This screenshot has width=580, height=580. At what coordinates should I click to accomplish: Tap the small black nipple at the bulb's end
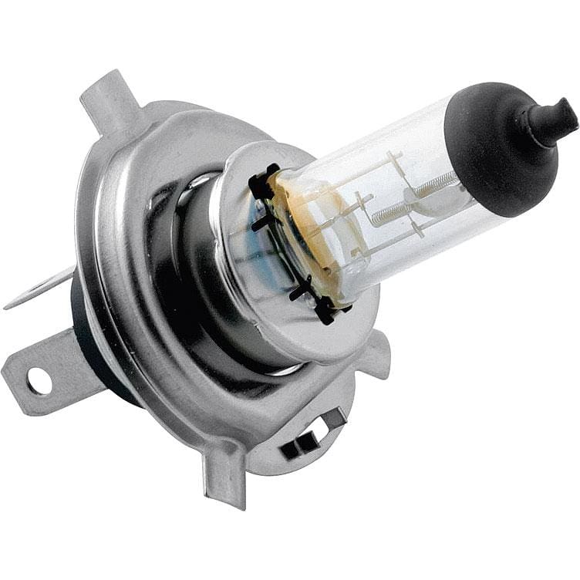pos(554,120)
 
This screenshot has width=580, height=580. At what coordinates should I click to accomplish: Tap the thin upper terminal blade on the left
pos(39,289)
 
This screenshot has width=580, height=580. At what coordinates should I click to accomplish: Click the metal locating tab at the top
pos(108,100)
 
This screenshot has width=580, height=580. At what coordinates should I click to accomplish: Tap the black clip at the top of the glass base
pos(263,182)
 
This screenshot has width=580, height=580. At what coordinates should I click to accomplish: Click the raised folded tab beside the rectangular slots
pos(332,420)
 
